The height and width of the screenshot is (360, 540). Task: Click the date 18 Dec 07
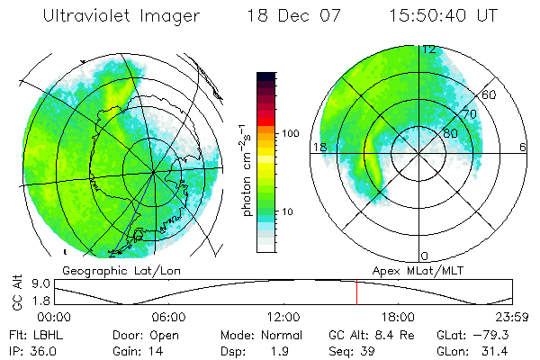(x=285, y=16)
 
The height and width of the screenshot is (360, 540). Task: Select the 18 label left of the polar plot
(x=318, y=147)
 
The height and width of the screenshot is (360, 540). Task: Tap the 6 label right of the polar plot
(x=523, y=147)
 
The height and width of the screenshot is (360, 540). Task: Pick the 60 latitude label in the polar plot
(x=490, y=94)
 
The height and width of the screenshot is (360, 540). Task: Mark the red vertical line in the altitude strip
(x=356, y=292)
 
